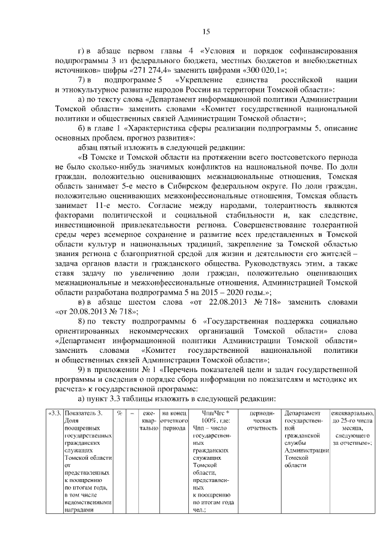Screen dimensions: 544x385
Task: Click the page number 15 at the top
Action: [206, 32]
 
